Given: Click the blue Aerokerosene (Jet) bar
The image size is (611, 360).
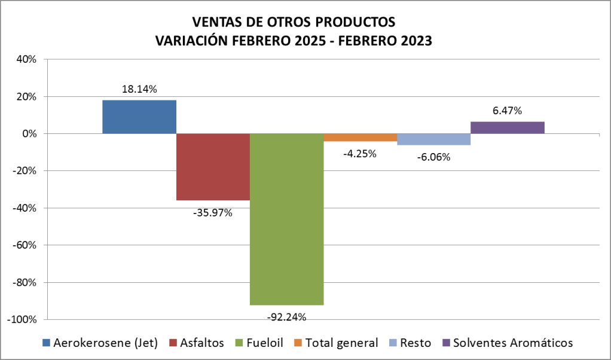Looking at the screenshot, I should click(139, 117).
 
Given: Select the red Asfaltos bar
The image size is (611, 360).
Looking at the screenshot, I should click(213, 167).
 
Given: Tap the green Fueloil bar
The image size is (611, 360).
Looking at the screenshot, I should click(287, 219).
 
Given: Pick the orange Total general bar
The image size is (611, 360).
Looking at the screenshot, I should click(361, 138).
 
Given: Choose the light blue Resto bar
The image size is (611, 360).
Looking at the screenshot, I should click(433, 139).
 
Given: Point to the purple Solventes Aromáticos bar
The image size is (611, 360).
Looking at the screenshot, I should click(507, 127).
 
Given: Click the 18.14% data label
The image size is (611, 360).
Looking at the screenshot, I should click(139, 89).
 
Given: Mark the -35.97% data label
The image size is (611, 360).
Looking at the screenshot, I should click(213, 212).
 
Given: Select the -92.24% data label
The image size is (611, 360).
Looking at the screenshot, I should click(286, 317).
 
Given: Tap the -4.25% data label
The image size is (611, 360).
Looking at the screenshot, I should click(359, 154).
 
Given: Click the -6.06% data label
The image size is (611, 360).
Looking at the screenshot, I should click(433, 157).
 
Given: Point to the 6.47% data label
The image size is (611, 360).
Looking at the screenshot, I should click(507, 111).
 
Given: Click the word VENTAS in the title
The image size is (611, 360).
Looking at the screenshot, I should click(213, 22).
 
